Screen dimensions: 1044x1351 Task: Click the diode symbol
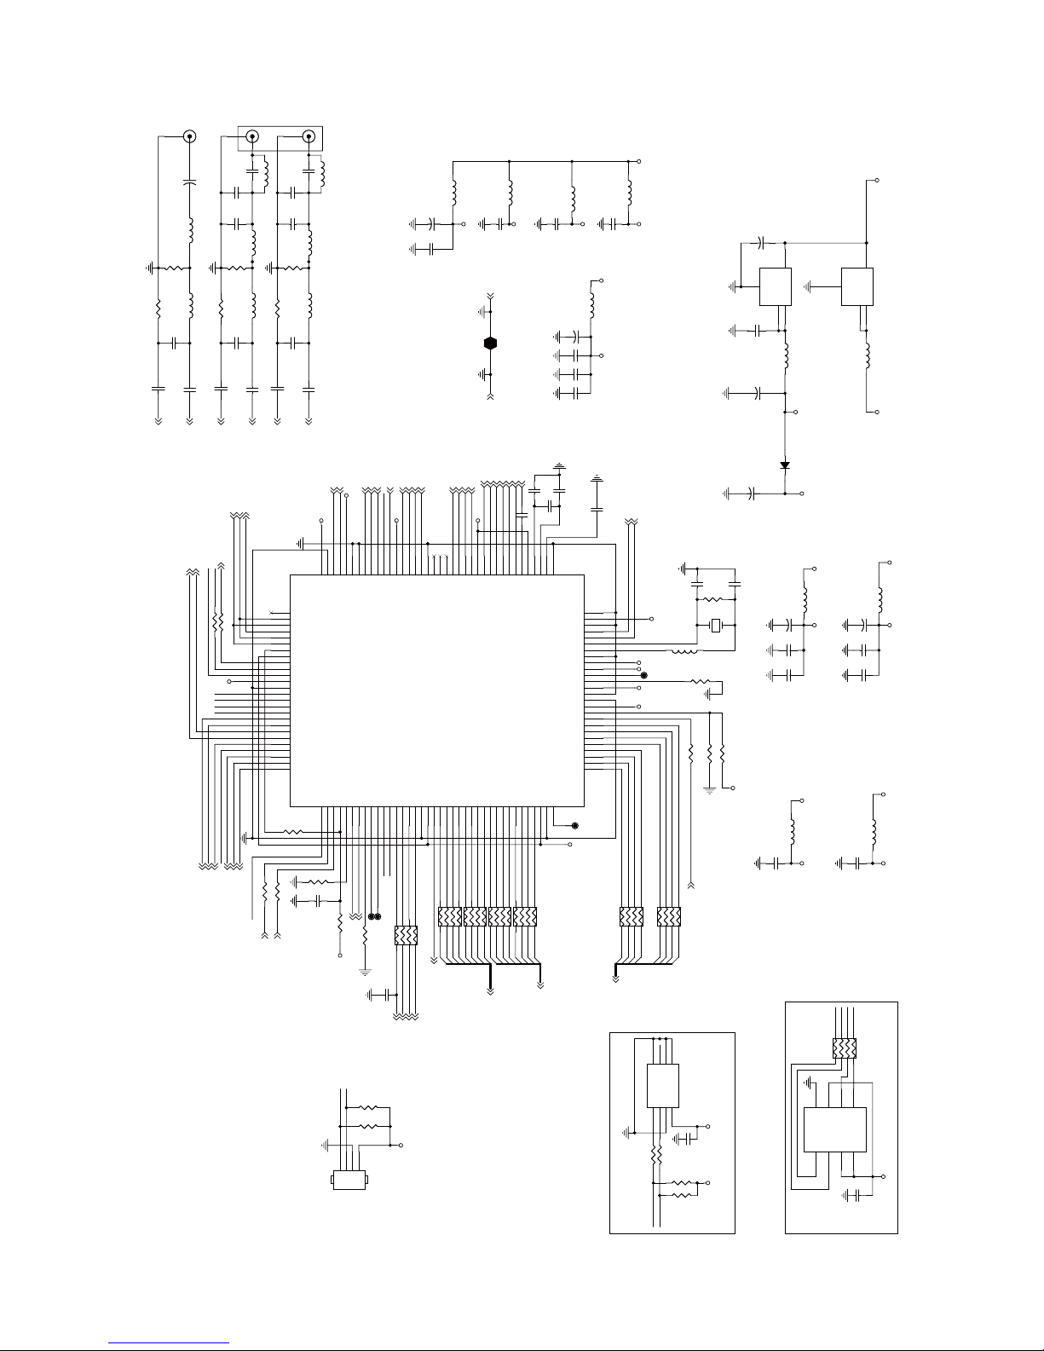(x=785, y=465)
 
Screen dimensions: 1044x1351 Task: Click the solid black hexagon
(x=490, y=343)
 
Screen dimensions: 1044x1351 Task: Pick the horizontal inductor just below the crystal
(x=685, y=652)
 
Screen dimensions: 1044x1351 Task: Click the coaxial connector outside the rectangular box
(x=189, y=136)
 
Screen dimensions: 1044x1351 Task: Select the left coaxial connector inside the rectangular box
(x=253, y=136)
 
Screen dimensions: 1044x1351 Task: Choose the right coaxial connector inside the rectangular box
(x=309, y=136)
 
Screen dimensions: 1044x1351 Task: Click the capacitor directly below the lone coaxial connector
(x=189, y=182)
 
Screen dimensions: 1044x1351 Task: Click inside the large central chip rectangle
(x=436, y=690)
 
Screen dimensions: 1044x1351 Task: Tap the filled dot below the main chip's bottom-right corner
(x=574, y=826)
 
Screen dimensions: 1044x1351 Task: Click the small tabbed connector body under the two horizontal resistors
(x=349, y=1181)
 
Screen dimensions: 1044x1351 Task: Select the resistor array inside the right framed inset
(x=844, y=1048)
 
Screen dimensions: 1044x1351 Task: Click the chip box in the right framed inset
(x=835, y=1129)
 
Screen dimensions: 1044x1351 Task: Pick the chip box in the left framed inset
(x=663, y=1085)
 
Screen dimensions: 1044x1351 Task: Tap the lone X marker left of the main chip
(x=272, y=613)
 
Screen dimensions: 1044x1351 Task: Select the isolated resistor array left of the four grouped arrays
(x=407, y=936)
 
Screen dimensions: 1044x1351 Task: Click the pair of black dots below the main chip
(x=374, y=917)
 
